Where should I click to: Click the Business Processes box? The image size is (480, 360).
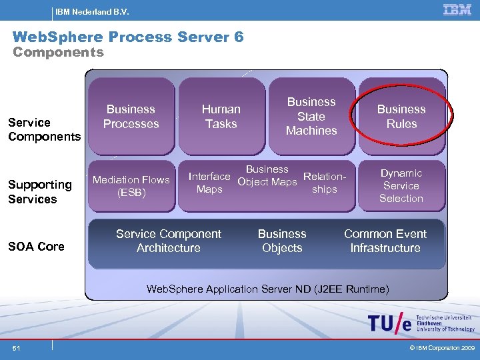pyautogui.click(x=131, y=117)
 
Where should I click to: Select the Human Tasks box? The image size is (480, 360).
pyautogui.click(x=221, y=117)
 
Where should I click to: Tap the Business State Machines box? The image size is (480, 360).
pyautogui.click(x=311, y=117)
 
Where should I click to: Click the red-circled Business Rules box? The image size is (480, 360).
pyautogui.click(x=401, y=117)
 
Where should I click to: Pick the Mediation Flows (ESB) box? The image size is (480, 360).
pyautogui.click(x=131, y=186)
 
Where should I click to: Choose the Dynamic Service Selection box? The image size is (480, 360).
pyautogui.click(x=401, y=186)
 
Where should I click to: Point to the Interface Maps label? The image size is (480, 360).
pyautogui.click(x=209, y=183)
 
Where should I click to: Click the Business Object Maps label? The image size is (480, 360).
pyautogui.click(x=267, y=175)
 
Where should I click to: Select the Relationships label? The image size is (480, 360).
pyautogui.click(x=325, y=183)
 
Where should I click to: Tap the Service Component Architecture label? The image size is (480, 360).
pyautogui.click(x=169, y=241)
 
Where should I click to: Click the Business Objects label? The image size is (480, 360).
pyautogui.click(x=282, y=241)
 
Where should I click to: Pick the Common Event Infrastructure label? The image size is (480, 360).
pyautogui.click(x=385, y=241)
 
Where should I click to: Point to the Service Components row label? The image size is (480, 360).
pyautogui.click(x=44, y=129)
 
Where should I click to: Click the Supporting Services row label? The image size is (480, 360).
pyautogui.click(x=40, y=191)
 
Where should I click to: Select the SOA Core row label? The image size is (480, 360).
pyautogui.click(x=36, y=246)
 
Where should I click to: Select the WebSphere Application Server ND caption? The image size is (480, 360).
pyautogui.click(x=267, y=289)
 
